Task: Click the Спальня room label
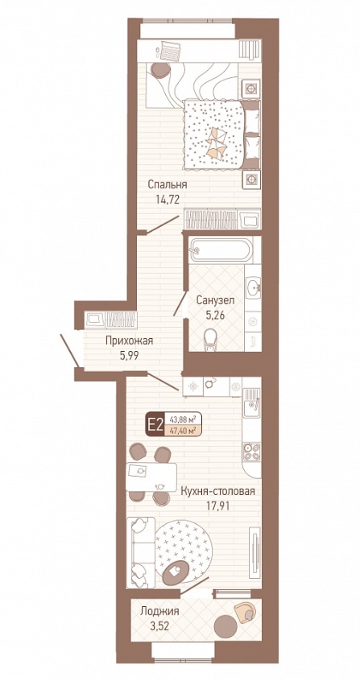pos(167,184)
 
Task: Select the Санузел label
pos(215,299)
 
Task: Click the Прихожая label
pos(129,341)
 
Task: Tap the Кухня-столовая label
pos(217,491)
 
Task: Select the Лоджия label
pos(159,612)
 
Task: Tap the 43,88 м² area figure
pos(180,419)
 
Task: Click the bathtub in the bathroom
pos(221,250)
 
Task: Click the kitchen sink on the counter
pos(252,402)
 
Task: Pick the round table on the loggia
pos(226,625)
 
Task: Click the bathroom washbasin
pos(253,287)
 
